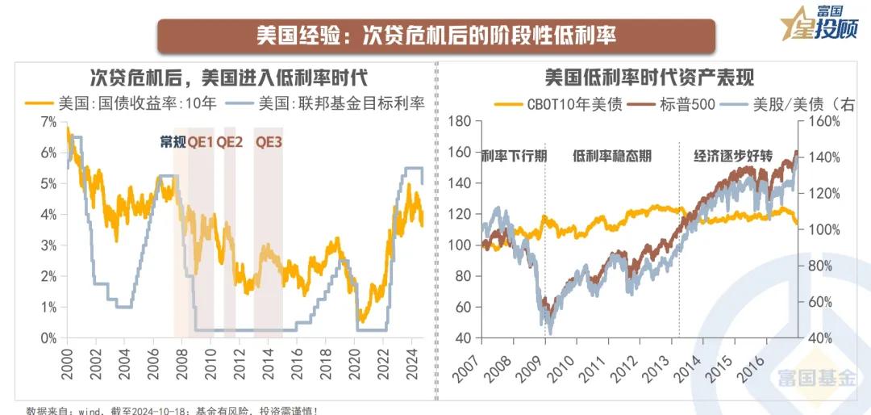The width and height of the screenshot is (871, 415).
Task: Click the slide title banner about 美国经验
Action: [435, 36]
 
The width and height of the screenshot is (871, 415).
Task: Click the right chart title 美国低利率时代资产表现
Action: [648, 78]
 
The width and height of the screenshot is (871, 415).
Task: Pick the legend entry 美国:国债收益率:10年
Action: [121, 103]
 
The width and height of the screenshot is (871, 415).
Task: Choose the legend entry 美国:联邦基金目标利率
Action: [330, 103]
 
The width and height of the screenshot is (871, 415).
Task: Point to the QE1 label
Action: [201, 141]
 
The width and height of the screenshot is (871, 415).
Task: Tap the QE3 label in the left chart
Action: [269, 141]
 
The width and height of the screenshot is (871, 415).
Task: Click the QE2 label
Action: [230, 141]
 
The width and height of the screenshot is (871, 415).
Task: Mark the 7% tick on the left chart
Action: [48, 121]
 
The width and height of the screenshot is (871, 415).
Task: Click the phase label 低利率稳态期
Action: [612, 157]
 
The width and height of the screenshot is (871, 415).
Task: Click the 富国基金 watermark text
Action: [816, 375]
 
